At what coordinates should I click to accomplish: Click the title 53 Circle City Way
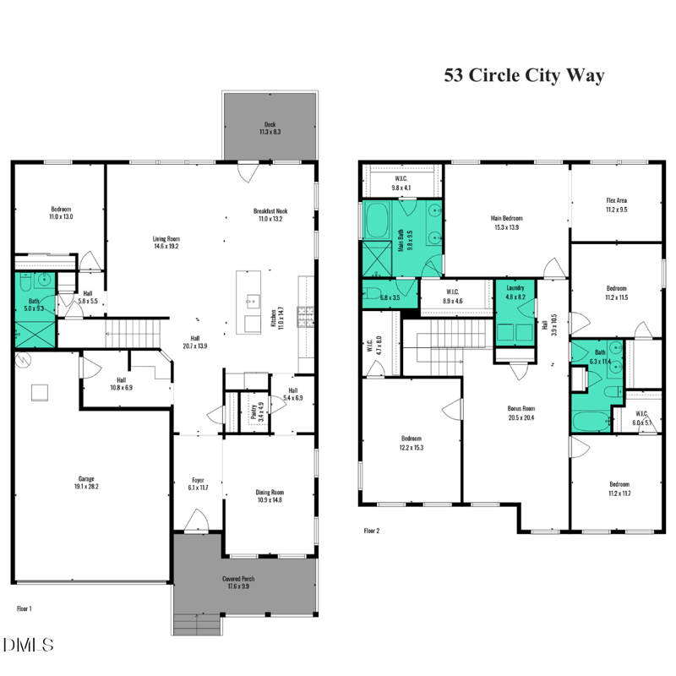tap(525, 75)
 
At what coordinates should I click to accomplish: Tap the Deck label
tap(270, 128)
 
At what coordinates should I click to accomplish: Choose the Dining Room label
tap(270, 496)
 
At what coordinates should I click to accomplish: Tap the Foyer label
tap(198, 484)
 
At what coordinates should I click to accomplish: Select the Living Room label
tap(166, 243)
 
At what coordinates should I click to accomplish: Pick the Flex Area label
tap(616, 204)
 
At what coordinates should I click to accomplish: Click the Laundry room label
tap(515, 292)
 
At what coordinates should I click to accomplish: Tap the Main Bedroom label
tap(507, 222)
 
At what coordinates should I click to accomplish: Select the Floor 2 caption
tap(372, 531)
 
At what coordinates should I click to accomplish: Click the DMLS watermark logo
tap(29, 645)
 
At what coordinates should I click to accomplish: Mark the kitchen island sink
tap(252, 300)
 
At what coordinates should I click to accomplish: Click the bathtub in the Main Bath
tap(377, 219)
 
